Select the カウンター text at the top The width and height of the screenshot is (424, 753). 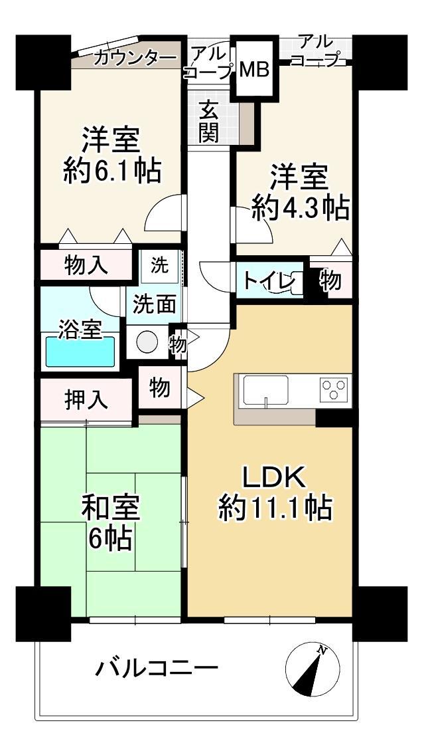click(134, 58)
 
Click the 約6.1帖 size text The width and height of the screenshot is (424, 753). click(113, 171)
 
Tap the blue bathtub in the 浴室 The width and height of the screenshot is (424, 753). click(80, 352)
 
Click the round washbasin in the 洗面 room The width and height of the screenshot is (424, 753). click(147, 342)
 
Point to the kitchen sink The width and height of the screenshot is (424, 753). click(265, 390)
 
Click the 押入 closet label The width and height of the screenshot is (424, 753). click(86, 400)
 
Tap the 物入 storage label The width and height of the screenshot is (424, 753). click(86, 267)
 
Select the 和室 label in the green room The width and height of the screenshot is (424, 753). click(110, 510)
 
